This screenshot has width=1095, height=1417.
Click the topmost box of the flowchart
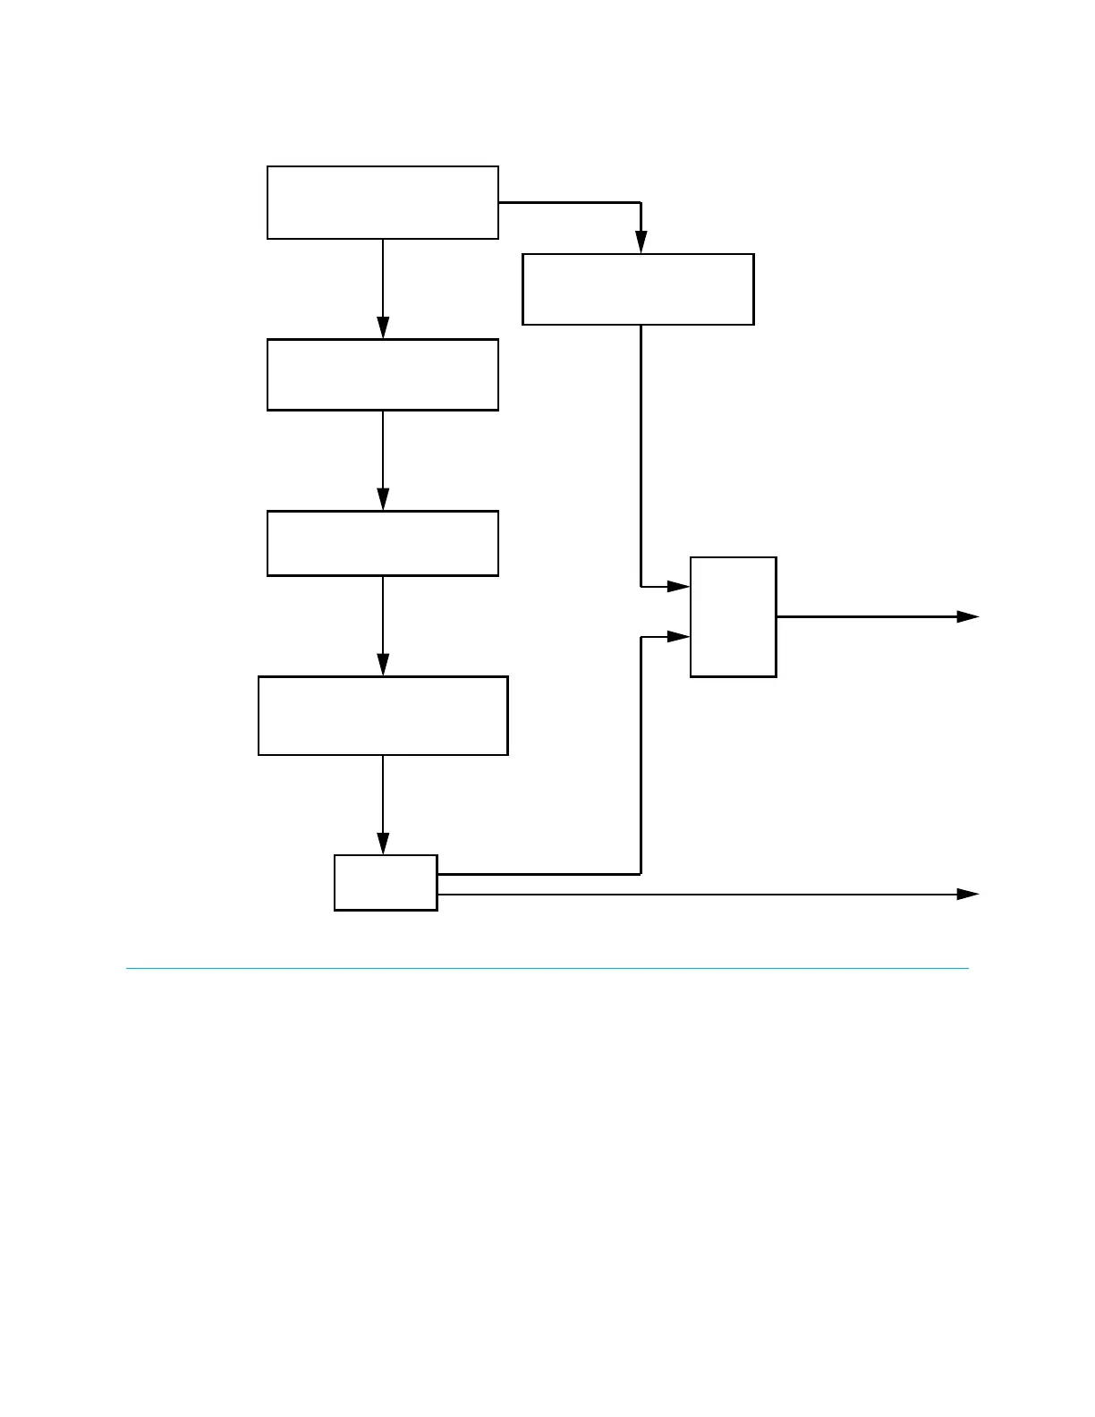tap(383, 202)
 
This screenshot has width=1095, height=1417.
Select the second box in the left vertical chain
tap(383, 375)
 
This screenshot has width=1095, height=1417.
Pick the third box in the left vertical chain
tap(383, 543)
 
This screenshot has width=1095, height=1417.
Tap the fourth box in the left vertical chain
tap(383, 716)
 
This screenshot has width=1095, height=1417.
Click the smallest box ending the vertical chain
tap(386, 883)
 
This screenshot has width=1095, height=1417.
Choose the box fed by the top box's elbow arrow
tap(638, 289)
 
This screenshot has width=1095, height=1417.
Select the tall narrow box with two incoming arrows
tap(733, 616)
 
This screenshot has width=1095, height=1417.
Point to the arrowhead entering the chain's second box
tap(383, 328)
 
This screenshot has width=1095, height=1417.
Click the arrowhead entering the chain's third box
tap(383, 500)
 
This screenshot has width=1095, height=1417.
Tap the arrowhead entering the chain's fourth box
tap(383, 666)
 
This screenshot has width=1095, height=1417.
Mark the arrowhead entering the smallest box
tap(383, 844)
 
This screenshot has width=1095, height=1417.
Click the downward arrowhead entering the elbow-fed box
tap(641, 242)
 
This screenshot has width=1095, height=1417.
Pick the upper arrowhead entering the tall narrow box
tap(679, 587)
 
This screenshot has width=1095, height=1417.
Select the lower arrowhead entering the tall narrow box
tap(679, 637)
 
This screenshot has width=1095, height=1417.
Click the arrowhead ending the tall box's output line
tap(968, 616)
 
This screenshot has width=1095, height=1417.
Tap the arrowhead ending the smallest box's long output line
tap(968, 894)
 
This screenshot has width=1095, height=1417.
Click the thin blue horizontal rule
tap(547, 968)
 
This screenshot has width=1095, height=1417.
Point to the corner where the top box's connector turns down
tap(641, 203)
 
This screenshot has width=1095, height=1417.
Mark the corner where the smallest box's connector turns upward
tap(641, 874)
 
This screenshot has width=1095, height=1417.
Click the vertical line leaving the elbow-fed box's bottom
tap(641, 447)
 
